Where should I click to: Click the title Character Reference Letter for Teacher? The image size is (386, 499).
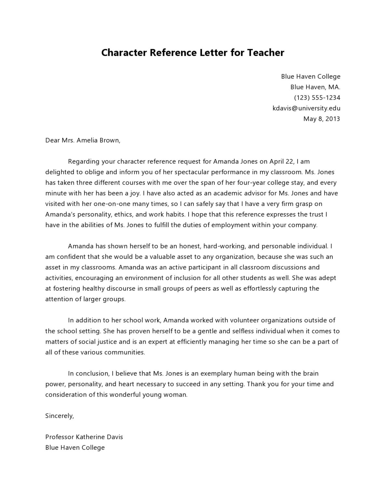click(193, 53)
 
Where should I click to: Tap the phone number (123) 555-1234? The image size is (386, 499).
click(317, 97)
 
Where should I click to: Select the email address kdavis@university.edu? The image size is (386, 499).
click(306, 108)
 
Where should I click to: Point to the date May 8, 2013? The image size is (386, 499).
click(321, 119)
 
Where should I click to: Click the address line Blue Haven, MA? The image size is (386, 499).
click(315, 87)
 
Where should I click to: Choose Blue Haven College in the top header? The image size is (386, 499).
click(311, 76)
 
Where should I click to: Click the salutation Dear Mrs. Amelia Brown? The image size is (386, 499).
click(83, 140)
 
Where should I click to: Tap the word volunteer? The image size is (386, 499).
click(244, 320)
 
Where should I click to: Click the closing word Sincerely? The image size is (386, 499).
click(60, 416)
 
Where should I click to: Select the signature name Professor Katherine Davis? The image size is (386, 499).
click(84, 437)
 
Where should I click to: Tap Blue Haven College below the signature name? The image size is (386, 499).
click(75, 447)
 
